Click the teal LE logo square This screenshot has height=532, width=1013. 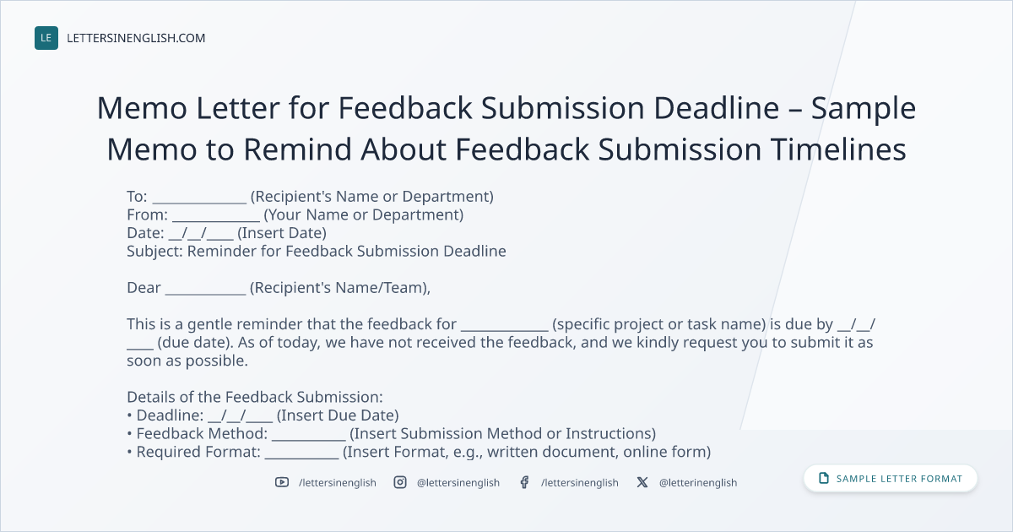[x=46, y=38]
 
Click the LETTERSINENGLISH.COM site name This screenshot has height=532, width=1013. [x=136, y=38]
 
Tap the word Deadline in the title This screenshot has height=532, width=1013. [x=717, y=108]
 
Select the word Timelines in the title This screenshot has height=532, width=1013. [x=838, y=149]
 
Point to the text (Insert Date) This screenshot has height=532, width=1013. [x=282, y=233]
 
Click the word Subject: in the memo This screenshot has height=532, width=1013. [x=154, y=252]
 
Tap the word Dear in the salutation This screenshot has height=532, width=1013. [x=144, y=288]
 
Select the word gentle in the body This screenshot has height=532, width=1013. [x=210, y=324]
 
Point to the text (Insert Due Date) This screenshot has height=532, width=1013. [x=338, y=415]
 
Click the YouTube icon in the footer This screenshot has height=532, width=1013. [x=282, y=482]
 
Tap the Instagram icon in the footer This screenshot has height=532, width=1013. [x=400, y=482]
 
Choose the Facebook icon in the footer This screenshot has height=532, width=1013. [x=524, y=482]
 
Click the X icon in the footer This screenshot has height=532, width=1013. [x=642, y=482]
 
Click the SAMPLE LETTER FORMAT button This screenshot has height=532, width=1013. [x=890, y=478]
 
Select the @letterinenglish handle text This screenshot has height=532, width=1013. [x=698, y=483]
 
